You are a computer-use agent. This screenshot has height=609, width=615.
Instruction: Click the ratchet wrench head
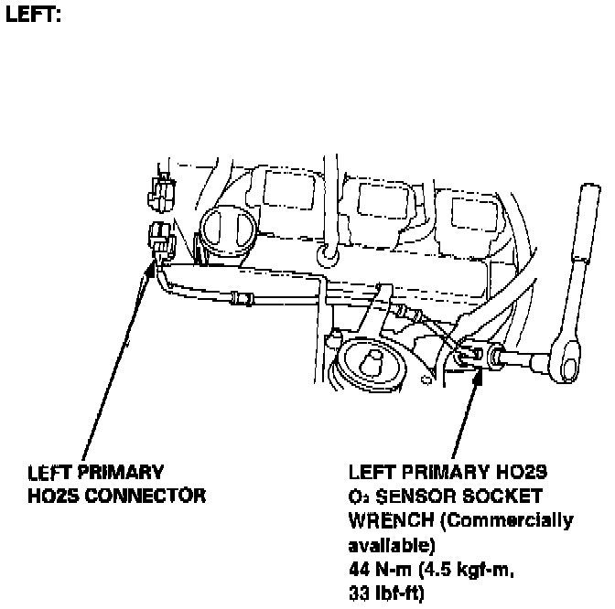pyautogui.click(x=568, y=364)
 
